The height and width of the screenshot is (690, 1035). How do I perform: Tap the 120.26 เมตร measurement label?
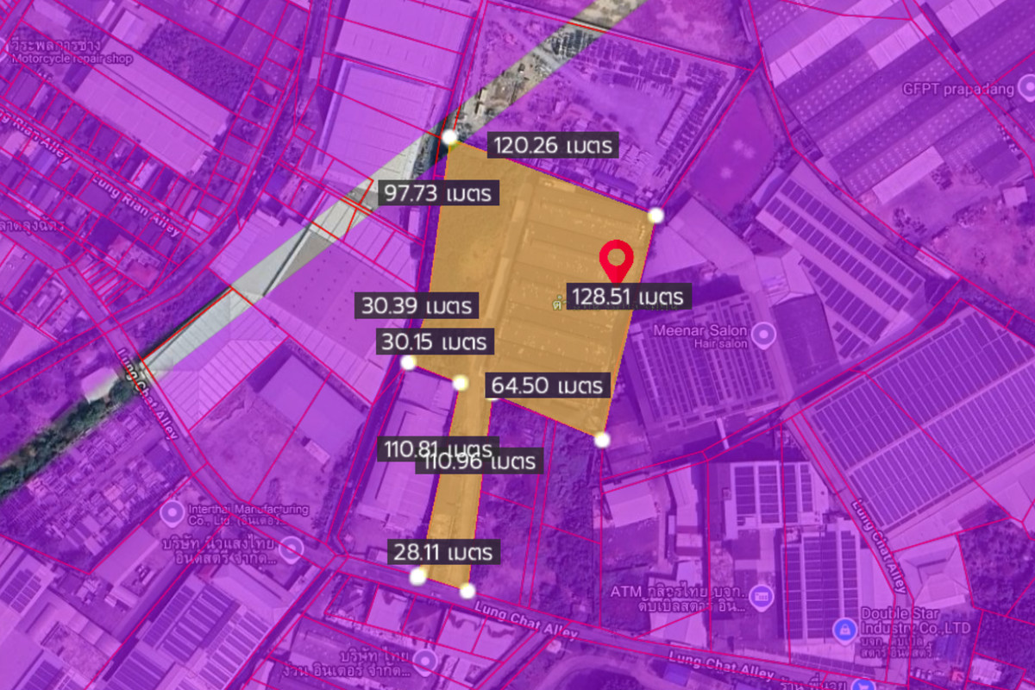point(553,145)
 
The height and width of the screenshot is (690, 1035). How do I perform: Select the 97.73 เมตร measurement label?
point(439,192)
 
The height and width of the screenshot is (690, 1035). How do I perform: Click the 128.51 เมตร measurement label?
point(629,297)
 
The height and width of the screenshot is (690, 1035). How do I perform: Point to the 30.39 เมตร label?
point(417,305)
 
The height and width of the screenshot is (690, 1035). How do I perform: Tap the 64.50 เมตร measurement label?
point(548,385)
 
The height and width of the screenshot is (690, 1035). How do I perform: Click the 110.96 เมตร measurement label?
point(479,461)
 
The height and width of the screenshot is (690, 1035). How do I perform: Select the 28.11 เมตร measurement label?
point(444,550)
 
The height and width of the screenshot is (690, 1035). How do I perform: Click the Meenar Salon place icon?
point(762,333)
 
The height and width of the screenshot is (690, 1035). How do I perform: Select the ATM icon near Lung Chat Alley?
point(760,594)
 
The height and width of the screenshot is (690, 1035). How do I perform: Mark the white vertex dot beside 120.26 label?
point(449,138)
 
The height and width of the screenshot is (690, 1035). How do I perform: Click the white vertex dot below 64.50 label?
point(602,440)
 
